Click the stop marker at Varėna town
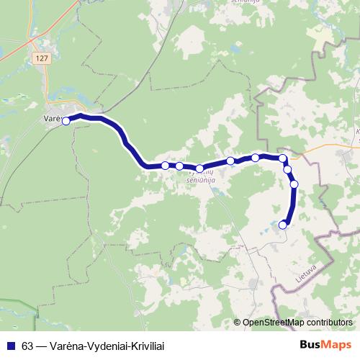click(66, 121)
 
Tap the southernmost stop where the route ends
click(282, 225)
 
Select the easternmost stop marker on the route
click(294, 184)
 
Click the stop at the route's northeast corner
click(283, 158)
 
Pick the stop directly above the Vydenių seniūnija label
click(199, 168)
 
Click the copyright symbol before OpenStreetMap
click(238, 323)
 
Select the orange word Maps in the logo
click(334, 343)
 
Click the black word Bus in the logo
click(310, 343)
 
